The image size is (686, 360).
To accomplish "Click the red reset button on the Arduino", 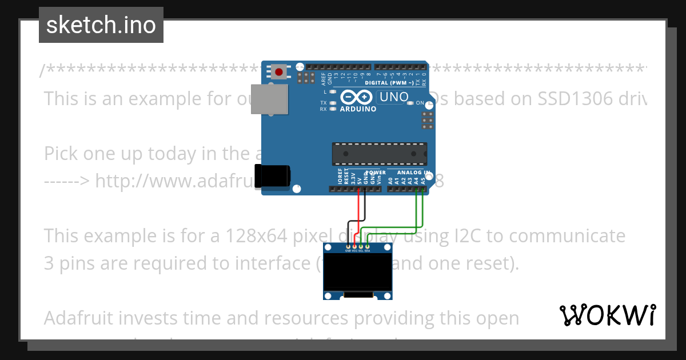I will point(278,72).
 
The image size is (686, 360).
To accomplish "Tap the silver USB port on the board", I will point(272,98).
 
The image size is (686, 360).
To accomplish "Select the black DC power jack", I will point(272,175).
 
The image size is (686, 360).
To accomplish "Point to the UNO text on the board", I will point(394,97).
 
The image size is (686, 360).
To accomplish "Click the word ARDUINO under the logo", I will point(358,109).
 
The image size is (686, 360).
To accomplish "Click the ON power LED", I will point(428,103).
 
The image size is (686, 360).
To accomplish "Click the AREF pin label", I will point(324,78).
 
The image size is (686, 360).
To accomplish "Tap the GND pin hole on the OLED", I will point(348,246).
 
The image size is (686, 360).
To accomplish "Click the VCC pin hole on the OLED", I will point(354,246).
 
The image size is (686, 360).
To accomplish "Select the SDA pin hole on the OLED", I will point(368,246).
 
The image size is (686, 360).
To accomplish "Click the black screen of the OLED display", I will point(357,271).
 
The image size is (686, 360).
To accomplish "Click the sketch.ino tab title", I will point(101,25).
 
